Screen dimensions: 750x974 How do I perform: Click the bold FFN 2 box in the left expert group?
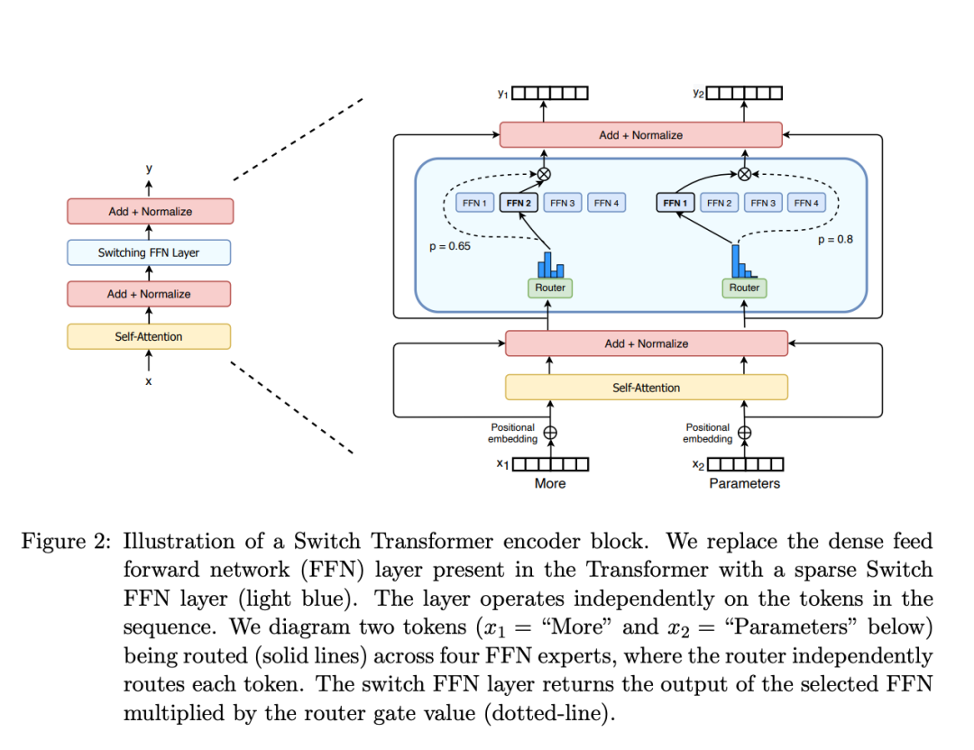(x=519, y=203)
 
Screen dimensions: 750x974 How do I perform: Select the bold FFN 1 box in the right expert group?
(x=675, y=203)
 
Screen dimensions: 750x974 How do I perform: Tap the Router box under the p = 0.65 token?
(x=550, y=288)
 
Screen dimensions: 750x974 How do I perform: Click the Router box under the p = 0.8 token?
(x=744, y=288)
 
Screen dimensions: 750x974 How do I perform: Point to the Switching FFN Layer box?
(x=149, y=252)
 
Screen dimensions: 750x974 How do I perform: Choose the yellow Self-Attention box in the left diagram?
(x=149, y=336)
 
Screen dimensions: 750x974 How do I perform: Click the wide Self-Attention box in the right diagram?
(x=646, y=387)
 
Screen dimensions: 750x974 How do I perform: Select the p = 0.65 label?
(x=450, y=245)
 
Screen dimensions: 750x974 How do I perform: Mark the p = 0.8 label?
(x=834, y=239)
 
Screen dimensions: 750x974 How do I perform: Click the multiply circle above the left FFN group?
(x=544, y=174)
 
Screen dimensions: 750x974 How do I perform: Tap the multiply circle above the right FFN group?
(x=744, y=174)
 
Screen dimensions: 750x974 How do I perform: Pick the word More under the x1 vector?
(x=550, y=483)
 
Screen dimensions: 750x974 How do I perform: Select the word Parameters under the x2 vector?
(x=744, y=483)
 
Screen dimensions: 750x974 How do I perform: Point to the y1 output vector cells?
(x=550, y=93)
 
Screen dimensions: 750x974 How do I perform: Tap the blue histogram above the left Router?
(x=550, y=264)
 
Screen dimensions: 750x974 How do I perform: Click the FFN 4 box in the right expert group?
(x=806, y=203)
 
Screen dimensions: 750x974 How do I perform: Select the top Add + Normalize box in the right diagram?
(x=640, y=135)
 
